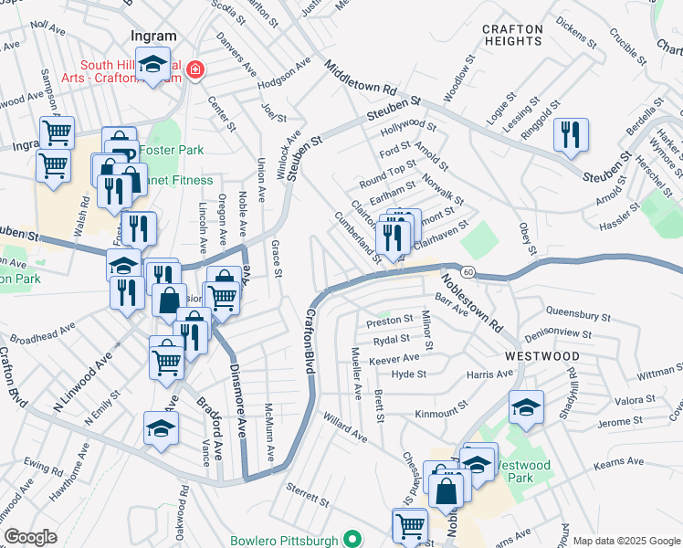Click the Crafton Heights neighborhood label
click(x=512, y=35)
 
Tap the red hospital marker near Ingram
click(x=194, y=68)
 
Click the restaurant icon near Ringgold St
click(x=571, y=135)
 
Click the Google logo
click(x=31, y=537)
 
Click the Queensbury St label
click(x=578, y=315)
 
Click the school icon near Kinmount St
click(x=526, y=407)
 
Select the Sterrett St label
click(x=307, y=495)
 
